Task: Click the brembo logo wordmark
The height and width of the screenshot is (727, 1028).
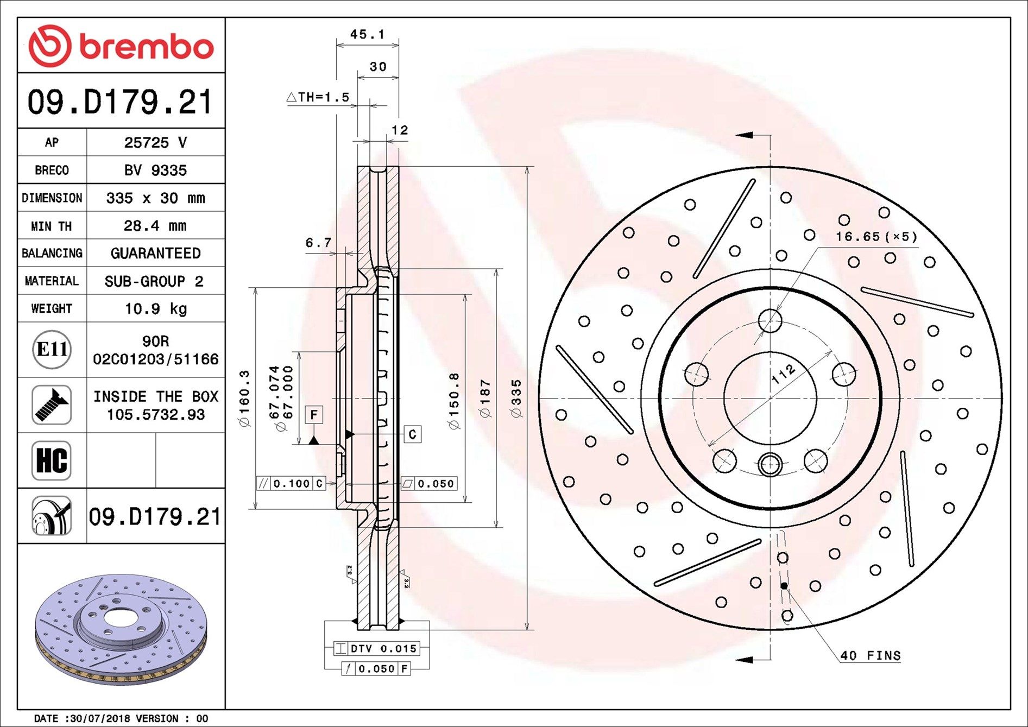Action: [x=146, y=47]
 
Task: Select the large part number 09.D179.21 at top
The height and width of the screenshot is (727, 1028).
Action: [x=120, y=102]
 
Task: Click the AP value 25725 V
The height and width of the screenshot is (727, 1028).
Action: [x=155, y=142]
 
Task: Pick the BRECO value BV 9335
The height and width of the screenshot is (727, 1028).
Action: [x=155, y=170]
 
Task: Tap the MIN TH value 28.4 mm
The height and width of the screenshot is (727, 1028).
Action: [x=155, y=225]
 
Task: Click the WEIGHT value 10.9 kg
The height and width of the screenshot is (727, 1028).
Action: [x=155, y=308]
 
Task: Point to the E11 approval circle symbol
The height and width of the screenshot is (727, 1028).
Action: [x=52, y=349]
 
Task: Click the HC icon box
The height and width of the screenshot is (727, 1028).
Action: [x=52, y=460]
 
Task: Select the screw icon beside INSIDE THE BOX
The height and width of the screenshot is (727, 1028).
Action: [x=52, y=405]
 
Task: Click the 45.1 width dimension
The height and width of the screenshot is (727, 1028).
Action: [x=367, y=34]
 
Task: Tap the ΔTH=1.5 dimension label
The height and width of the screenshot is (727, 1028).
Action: [x=318, y=97]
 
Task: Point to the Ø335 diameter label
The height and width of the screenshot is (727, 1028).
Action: [x=516, y=399]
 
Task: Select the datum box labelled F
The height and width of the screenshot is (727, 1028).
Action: [x=314, y=415]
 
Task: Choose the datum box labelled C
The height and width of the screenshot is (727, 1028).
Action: [x=413, y=434]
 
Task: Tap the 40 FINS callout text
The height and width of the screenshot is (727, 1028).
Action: [x=870, y=655]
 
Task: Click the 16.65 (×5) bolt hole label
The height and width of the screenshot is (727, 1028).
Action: [x=876, y=237]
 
